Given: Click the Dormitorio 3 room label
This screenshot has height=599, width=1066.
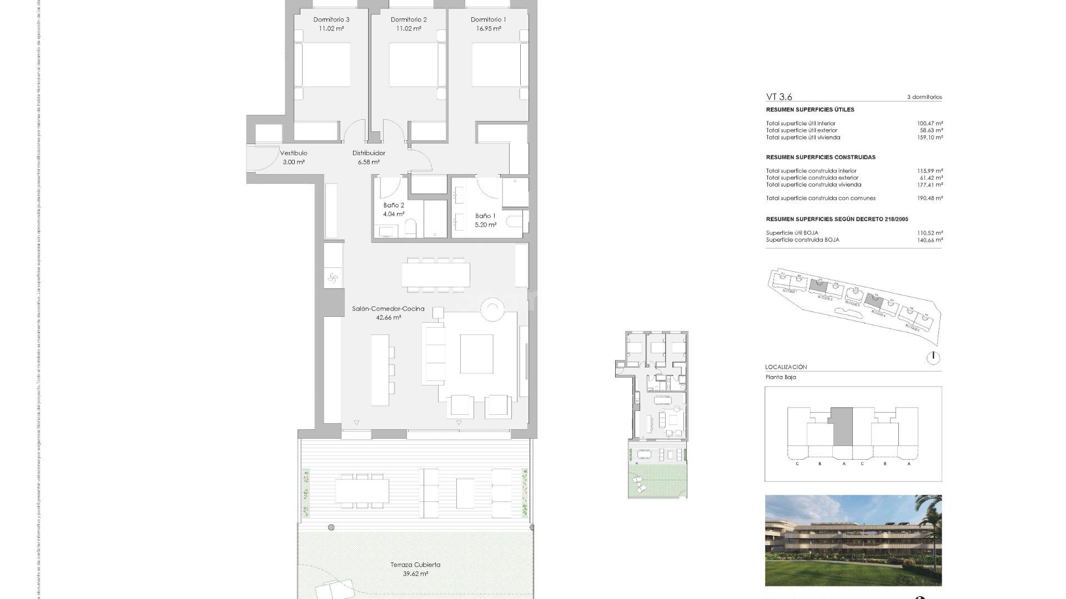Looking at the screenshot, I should [331, 20].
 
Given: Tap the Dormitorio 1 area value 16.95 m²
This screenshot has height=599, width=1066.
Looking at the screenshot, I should [488, 29].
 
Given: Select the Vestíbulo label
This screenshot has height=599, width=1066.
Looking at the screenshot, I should [293, 153].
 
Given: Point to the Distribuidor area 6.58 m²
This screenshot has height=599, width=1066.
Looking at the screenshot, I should [369, 163].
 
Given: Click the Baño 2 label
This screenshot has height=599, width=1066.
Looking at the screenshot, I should [393, 205].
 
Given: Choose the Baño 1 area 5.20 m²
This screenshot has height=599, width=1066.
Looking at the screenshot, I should [485, 225].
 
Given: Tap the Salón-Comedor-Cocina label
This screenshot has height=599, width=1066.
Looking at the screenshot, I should [388, 309].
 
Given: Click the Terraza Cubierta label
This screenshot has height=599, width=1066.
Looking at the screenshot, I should [415, 565].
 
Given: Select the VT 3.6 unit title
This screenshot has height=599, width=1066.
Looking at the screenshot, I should [779, 97].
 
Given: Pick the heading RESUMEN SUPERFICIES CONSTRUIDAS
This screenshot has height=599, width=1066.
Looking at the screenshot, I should [821, 158].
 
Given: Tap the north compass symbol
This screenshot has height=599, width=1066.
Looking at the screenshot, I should [933, 358].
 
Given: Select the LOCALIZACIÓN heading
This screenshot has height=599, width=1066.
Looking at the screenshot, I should [786, 367].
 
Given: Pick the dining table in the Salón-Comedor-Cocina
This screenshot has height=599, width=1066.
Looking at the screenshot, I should [435, 275].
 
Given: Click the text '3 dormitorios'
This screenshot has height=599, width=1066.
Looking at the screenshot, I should [924, 97].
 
